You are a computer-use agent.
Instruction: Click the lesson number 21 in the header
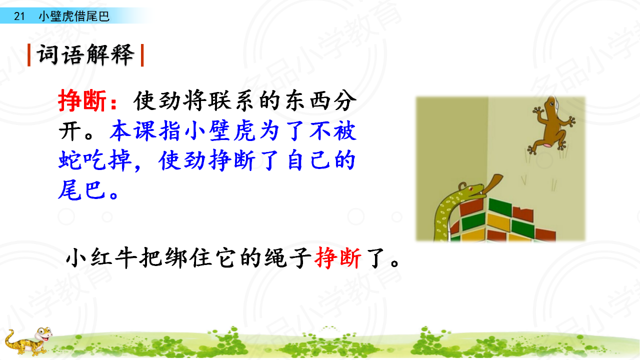tap(19, 16)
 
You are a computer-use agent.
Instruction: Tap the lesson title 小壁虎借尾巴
tap(74, 16)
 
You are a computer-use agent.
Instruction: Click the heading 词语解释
tap(85, 54)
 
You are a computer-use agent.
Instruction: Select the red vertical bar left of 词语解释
tap(29, 55)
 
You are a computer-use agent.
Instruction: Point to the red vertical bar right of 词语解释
tap(142, 55)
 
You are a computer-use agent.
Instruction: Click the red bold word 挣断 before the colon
tap(82, 100)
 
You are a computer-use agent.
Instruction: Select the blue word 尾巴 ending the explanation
tap(82, 189)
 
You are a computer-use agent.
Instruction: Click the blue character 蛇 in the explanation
tap(68, 160)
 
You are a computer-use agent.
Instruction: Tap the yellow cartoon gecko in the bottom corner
tap(28, 341)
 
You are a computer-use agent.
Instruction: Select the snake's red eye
tap(470, 188)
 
